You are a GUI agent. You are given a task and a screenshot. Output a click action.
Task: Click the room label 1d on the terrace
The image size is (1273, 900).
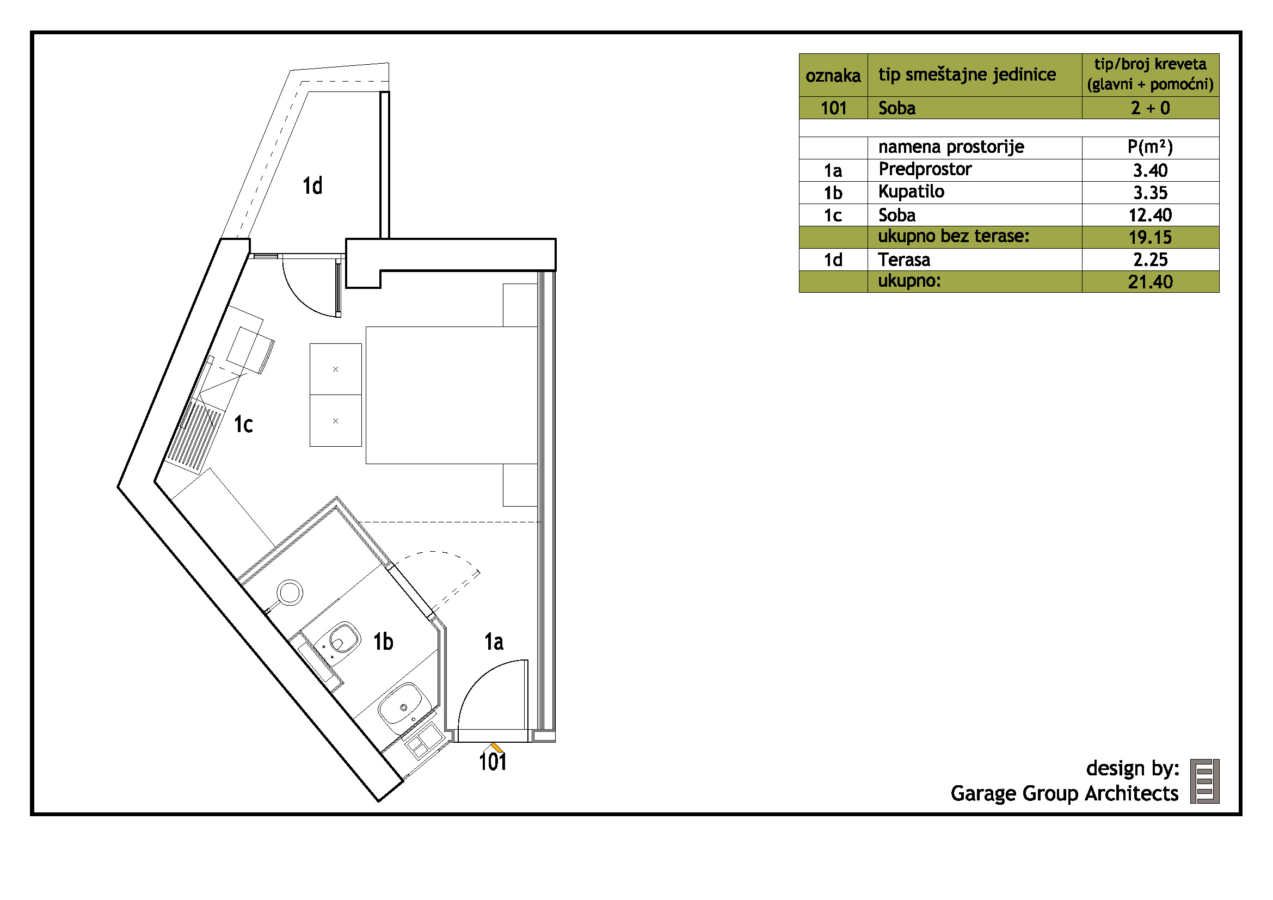click(x=312, y=186)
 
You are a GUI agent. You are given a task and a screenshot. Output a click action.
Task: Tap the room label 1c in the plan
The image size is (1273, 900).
click(x=243, y=424)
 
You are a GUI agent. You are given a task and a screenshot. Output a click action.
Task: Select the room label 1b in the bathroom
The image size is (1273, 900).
click(x=383, y=641)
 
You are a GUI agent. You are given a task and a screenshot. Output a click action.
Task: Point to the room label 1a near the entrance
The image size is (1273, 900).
click(x=494, y=641)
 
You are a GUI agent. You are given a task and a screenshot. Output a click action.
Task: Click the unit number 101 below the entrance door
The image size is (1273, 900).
click(x=493, y=762)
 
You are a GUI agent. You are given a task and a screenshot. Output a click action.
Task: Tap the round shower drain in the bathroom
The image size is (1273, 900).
click(x=290, y=593)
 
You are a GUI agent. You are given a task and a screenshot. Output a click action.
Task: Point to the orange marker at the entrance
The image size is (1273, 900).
click(x=497, y=748)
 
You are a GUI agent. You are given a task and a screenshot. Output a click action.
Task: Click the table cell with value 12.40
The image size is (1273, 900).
click(x=1151, y=215)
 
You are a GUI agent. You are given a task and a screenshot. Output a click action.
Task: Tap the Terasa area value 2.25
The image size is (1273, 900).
click(x=1151, y=260)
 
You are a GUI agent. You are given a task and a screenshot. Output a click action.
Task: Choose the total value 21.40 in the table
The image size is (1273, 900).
click(x=1151, y=282)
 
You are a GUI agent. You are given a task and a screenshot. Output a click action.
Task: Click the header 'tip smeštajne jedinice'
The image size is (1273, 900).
click(x=967, y=74)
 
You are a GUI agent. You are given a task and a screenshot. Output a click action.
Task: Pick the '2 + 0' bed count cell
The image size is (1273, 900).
click(x=1151, y=108)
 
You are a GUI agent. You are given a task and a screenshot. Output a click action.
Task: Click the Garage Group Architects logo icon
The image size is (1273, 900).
click(x=1205, y=781)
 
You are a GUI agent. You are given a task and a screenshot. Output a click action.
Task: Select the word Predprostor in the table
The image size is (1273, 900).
click(x=925, y=169)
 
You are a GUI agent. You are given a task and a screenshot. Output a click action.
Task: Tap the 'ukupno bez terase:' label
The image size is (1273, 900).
click(x=954, y=237)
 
